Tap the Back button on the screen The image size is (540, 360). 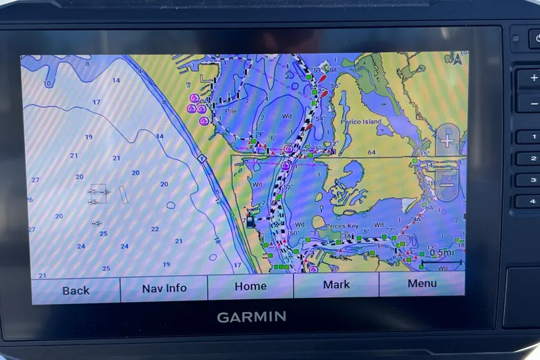[x=76, y=290]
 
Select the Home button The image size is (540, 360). [x=250, y=286]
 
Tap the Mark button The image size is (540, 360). [x=336, y=285]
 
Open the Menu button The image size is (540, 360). [x=422, y=284]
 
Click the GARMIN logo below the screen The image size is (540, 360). [x=251, y=317]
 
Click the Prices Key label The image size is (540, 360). [x=343, y=226]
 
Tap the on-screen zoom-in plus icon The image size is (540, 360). [x=447, y=141]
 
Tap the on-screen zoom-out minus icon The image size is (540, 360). [x=447, y=184]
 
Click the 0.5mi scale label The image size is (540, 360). [x=442, y=253]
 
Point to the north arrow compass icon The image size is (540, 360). [x=458, y=59]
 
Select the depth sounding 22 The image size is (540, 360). [x=155, y=229]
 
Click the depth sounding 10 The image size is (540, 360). [x=47, y=84]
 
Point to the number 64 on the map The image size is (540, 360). [x=371, y=153]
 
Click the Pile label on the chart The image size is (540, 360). [x=231, y=110]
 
